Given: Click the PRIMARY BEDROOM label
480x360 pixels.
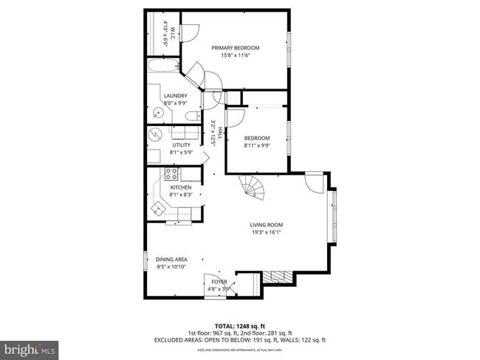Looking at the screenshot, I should coord(236,49).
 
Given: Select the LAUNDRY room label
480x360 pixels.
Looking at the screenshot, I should coord(175,95).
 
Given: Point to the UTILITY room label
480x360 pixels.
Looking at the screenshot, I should coord(182,145).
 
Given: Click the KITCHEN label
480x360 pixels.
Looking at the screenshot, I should coord(181,187).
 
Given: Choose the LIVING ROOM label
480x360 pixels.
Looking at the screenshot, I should coord(266,225).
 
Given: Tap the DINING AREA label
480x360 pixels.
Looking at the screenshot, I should coord(171,259).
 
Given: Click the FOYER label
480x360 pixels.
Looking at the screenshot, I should coord(219,282).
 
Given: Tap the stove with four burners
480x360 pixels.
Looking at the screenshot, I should coord(171,175).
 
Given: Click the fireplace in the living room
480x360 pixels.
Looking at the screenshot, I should coord(278,277).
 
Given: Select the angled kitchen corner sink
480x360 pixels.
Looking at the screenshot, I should coord(157,209).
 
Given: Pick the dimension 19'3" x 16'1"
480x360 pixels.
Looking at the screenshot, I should coord(266,233).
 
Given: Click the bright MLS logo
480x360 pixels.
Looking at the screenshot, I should coord(30,347).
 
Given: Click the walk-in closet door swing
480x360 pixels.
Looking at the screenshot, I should coord(190,33).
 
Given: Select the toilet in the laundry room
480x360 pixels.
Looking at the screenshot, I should coord(191,115).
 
